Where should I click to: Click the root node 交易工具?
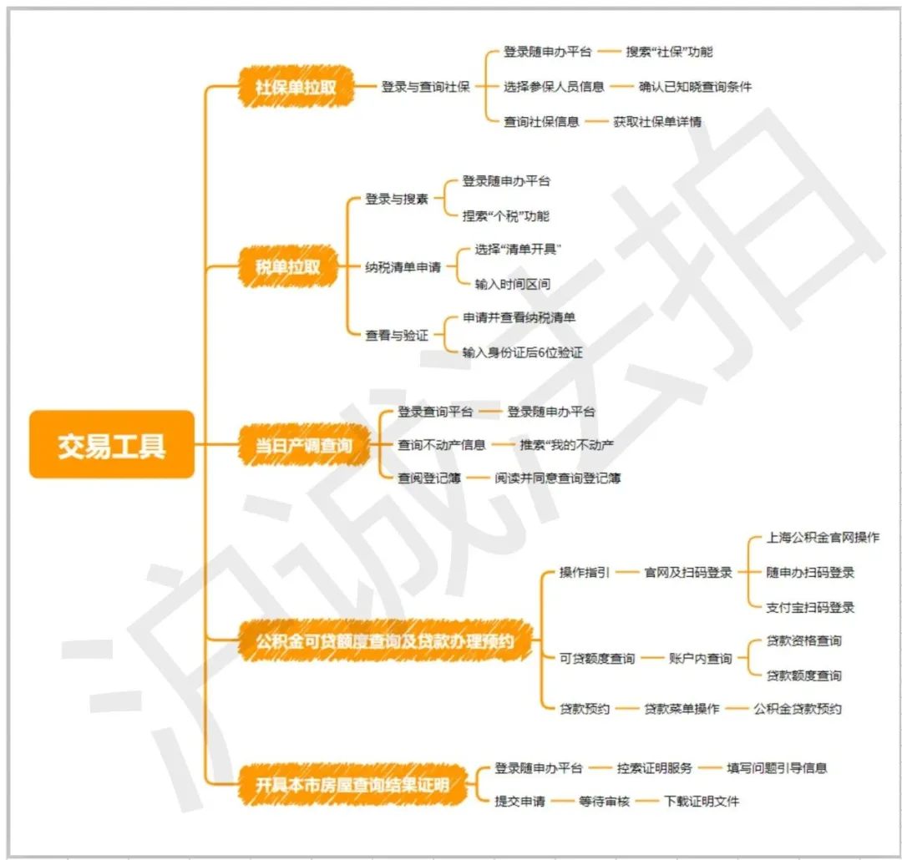112,445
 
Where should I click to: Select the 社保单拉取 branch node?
296,87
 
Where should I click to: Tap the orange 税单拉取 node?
287,267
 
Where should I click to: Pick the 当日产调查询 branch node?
303,446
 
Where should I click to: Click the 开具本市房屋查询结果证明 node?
352,785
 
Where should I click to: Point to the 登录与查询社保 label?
425,87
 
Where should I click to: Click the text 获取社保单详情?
657,122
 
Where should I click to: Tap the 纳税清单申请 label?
403,267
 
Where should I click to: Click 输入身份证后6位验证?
523,352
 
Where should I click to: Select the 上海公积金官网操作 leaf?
823,538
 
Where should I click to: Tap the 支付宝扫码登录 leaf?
810,607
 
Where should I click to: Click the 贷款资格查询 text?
803,641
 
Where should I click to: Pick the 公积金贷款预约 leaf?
797,709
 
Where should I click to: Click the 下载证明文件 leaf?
702,802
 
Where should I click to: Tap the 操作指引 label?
585,573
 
